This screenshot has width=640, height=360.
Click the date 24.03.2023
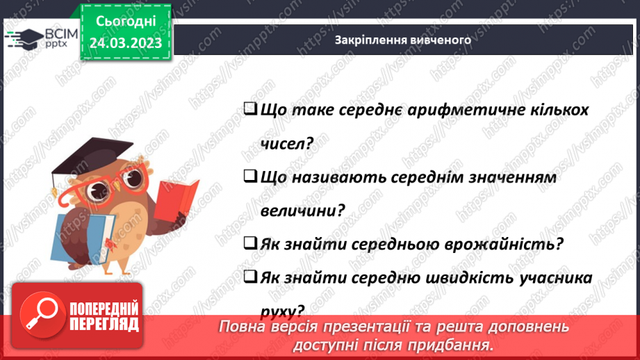click(125, 43)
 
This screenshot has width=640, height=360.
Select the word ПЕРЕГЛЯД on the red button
click(105, 323)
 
